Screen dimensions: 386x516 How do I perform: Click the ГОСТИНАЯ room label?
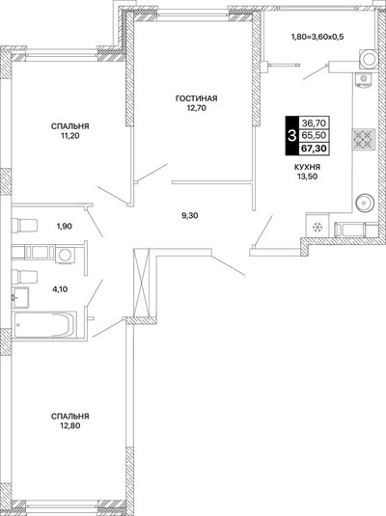coord(196,98)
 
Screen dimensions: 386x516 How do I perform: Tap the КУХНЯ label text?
coord(307,167)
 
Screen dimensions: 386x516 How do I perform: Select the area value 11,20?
coord(69,136)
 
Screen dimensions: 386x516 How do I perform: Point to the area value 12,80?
coord(69,426)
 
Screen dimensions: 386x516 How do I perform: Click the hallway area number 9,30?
coord(190,216)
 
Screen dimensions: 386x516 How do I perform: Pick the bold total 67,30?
coord(314,149)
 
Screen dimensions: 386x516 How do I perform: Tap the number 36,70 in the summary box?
coord(314,123)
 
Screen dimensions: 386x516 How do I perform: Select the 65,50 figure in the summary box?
coord(314,135)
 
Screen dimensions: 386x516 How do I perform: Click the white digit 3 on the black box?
coord(291,136)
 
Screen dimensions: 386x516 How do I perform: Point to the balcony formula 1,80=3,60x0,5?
coord(317,37)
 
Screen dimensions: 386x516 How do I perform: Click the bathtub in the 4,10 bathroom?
coord(44,325)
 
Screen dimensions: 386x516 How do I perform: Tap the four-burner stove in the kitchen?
coord(364,140)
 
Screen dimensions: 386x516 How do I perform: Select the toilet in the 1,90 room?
coord(25,225)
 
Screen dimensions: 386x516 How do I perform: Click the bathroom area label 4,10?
coord(60,289)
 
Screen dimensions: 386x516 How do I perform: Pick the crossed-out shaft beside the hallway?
coord(142,283)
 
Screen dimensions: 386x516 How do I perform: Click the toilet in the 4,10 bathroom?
coord(25,277)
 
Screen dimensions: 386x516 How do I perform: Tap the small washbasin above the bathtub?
coord(20,297)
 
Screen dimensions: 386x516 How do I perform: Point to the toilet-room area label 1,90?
coord(65,227)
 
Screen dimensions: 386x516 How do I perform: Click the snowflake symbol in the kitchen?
coord(317,227)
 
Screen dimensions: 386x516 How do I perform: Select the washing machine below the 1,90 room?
coord(65,255)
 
